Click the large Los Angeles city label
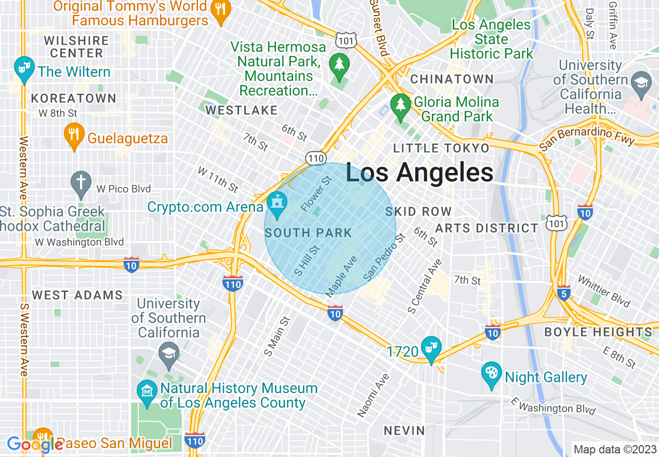click(x=419, y=173)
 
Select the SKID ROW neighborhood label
click(x=418, y=211)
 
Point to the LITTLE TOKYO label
click(x=441, y=149)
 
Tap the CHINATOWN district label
click(x=452, y=79)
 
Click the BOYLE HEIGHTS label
click(x=598, y=332)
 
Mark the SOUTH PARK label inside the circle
click(x=309, y=233)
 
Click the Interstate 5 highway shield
click(x=563, y=291)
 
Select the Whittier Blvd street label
click(x=604, y=291)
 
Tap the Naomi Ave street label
click(x=373, y=395)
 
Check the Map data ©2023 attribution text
click(x=614, y=449)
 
